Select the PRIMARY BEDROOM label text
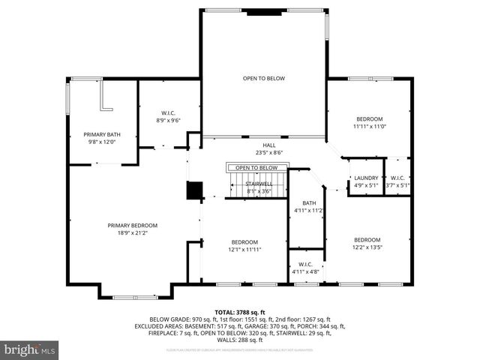[132, 226]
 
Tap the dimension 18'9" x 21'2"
[132, 232]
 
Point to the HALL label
[268, 145]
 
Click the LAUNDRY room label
[367, 178]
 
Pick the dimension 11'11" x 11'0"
[369, 127]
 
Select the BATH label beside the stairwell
[309, 203]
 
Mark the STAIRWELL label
[258, 184]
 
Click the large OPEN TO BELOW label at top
[263, 78]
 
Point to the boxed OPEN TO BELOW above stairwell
[257, 168]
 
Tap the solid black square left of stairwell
[194, 190]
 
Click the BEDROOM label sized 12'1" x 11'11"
[244, 241]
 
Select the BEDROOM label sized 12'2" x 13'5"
[367, 239]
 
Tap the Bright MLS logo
[30, 349]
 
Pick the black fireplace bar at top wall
[263, 12]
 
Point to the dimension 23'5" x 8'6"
[268, 152]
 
